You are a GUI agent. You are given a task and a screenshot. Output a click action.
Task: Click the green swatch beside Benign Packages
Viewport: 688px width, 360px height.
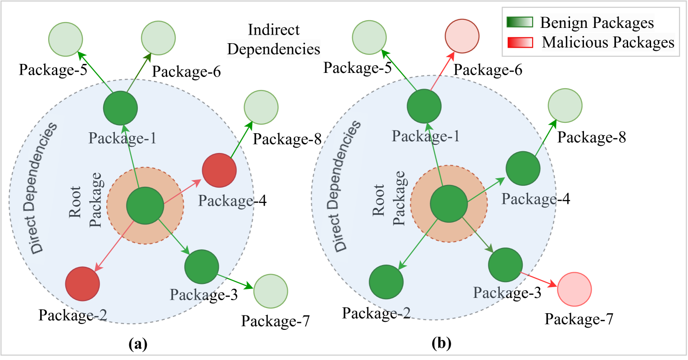pos(520,22)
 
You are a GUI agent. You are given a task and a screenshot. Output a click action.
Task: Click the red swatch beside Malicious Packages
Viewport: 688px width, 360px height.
pos(520,42)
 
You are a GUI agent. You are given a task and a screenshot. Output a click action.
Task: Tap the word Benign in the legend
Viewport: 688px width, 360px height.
pos(561,22)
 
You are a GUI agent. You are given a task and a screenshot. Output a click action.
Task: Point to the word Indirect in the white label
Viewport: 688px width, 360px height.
pos(274,30)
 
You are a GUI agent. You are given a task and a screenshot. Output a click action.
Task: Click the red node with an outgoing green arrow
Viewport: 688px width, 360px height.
pos(219,171)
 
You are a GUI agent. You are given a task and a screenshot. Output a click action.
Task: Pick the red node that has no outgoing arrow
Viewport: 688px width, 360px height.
pos(82,284)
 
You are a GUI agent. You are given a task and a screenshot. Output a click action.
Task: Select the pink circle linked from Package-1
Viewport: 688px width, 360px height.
pos(462,36)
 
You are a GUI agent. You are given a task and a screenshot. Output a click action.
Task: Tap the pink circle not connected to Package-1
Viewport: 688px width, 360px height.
pos(574,289)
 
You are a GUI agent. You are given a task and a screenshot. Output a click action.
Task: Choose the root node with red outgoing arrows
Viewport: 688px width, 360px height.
pos(145,206)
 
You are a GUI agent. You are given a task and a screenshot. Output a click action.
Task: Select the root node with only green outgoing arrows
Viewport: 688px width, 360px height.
pos(448,204)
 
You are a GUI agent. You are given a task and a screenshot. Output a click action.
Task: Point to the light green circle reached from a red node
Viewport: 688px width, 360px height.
pos(261,108)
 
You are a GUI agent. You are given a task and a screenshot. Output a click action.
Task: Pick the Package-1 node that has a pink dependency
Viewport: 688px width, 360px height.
pos(424,106)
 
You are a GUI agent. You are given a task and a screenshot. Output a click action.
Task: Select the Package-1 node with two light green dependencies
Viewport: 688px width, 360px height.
pos(120,108)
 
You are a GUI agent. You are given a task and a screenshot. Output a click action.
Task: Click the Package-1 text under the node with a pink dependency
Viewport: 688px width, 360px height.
pos(425,136)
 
